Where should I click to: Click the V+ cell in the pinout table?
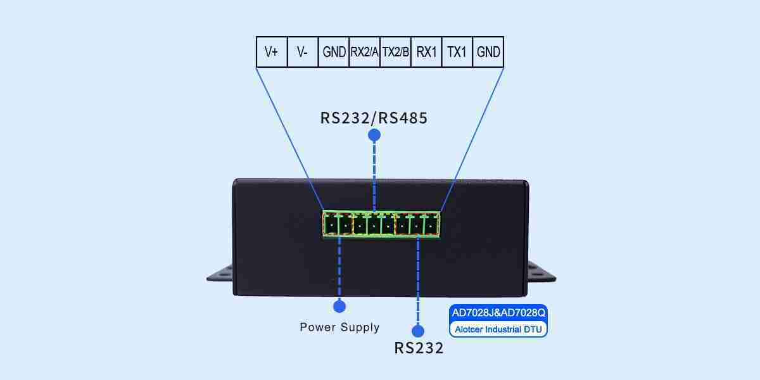(272, 52)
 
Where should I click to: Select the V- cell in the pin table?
(303, 52)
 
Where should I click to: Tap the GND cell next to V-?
(334, 52)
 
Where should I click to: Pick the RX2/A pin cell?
(364, 52)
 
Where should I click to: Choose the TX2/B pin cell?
(395, 52)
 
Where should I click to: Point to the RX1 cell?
(426, 52)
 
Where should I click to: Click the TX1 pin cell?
(457, 52)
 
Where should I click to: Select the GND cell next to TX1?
(488, 52)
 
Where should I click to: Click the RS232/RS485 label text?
(374, 118)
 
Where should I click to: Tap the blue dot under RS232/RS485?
(374, 135)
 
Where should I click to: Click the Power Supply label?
(339, 327)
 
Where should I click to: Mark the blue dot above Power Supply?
(339, 307)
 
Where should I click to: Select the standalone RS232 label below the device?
(418, 348)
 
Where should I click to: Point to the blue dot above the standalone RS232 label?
(418, 331)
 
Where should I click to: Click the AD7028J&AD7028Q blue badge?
(498, 313)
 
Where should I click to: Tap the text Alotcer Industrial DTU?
(498, 329)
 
